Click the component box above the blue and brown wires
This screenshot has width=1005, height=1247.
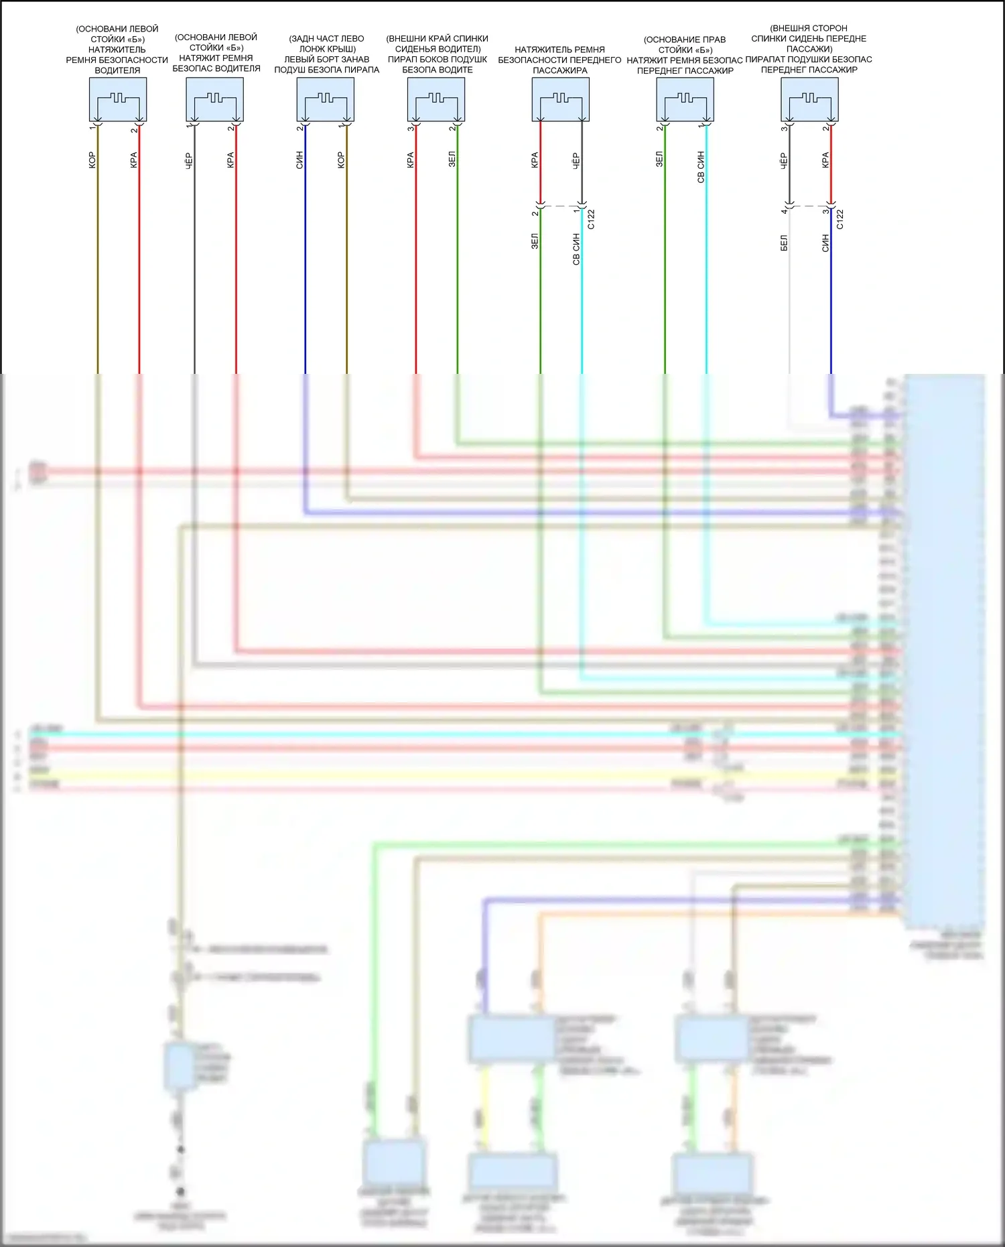point(325,99)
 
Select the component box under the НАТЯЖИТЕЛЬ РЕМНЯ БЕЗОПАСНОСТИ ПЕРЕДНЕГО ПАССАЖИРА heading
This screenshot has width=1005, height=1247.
point(560,99)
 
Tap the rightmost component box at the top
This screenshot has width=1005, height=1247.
point(809,99)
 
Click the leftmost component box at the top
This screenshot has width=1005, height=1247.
point(118,99)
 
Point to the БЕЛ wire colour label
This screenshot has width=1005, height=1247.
point(784,243)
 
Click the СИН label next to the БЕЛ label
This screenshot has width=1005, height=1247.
point(825,243)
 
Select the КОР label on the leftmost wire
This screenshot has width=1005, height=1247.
point(92,160)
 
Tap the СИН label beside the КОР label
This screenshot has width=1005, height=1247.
point(299,160)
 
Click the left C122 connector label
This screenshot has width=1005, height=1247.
point(591,219)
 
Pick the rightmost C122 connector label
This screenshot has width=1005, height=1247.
point(840,219)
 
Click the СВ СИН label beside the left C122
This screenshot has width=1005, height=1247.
point(576,249)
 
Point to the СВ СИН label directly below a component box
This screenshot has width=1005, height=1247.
point(701,167)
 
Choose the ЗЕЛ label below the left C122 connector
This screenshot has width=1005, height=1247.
point(535,241)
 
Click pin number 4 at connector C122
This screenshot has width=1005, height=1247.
point(784,211)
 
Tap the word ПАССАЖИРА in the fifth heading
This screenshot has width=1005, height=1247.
point(560,70)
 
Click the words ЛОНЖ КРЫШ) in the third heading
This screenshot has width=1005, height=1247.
point(327,49)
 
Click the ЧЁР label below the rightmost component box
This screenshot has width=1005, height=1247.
point(784,160)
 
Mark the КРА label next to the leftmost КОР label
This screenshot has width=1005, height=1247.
point(134,160)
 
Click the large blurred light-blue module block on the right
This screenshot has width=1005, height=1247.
point(945,650)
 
